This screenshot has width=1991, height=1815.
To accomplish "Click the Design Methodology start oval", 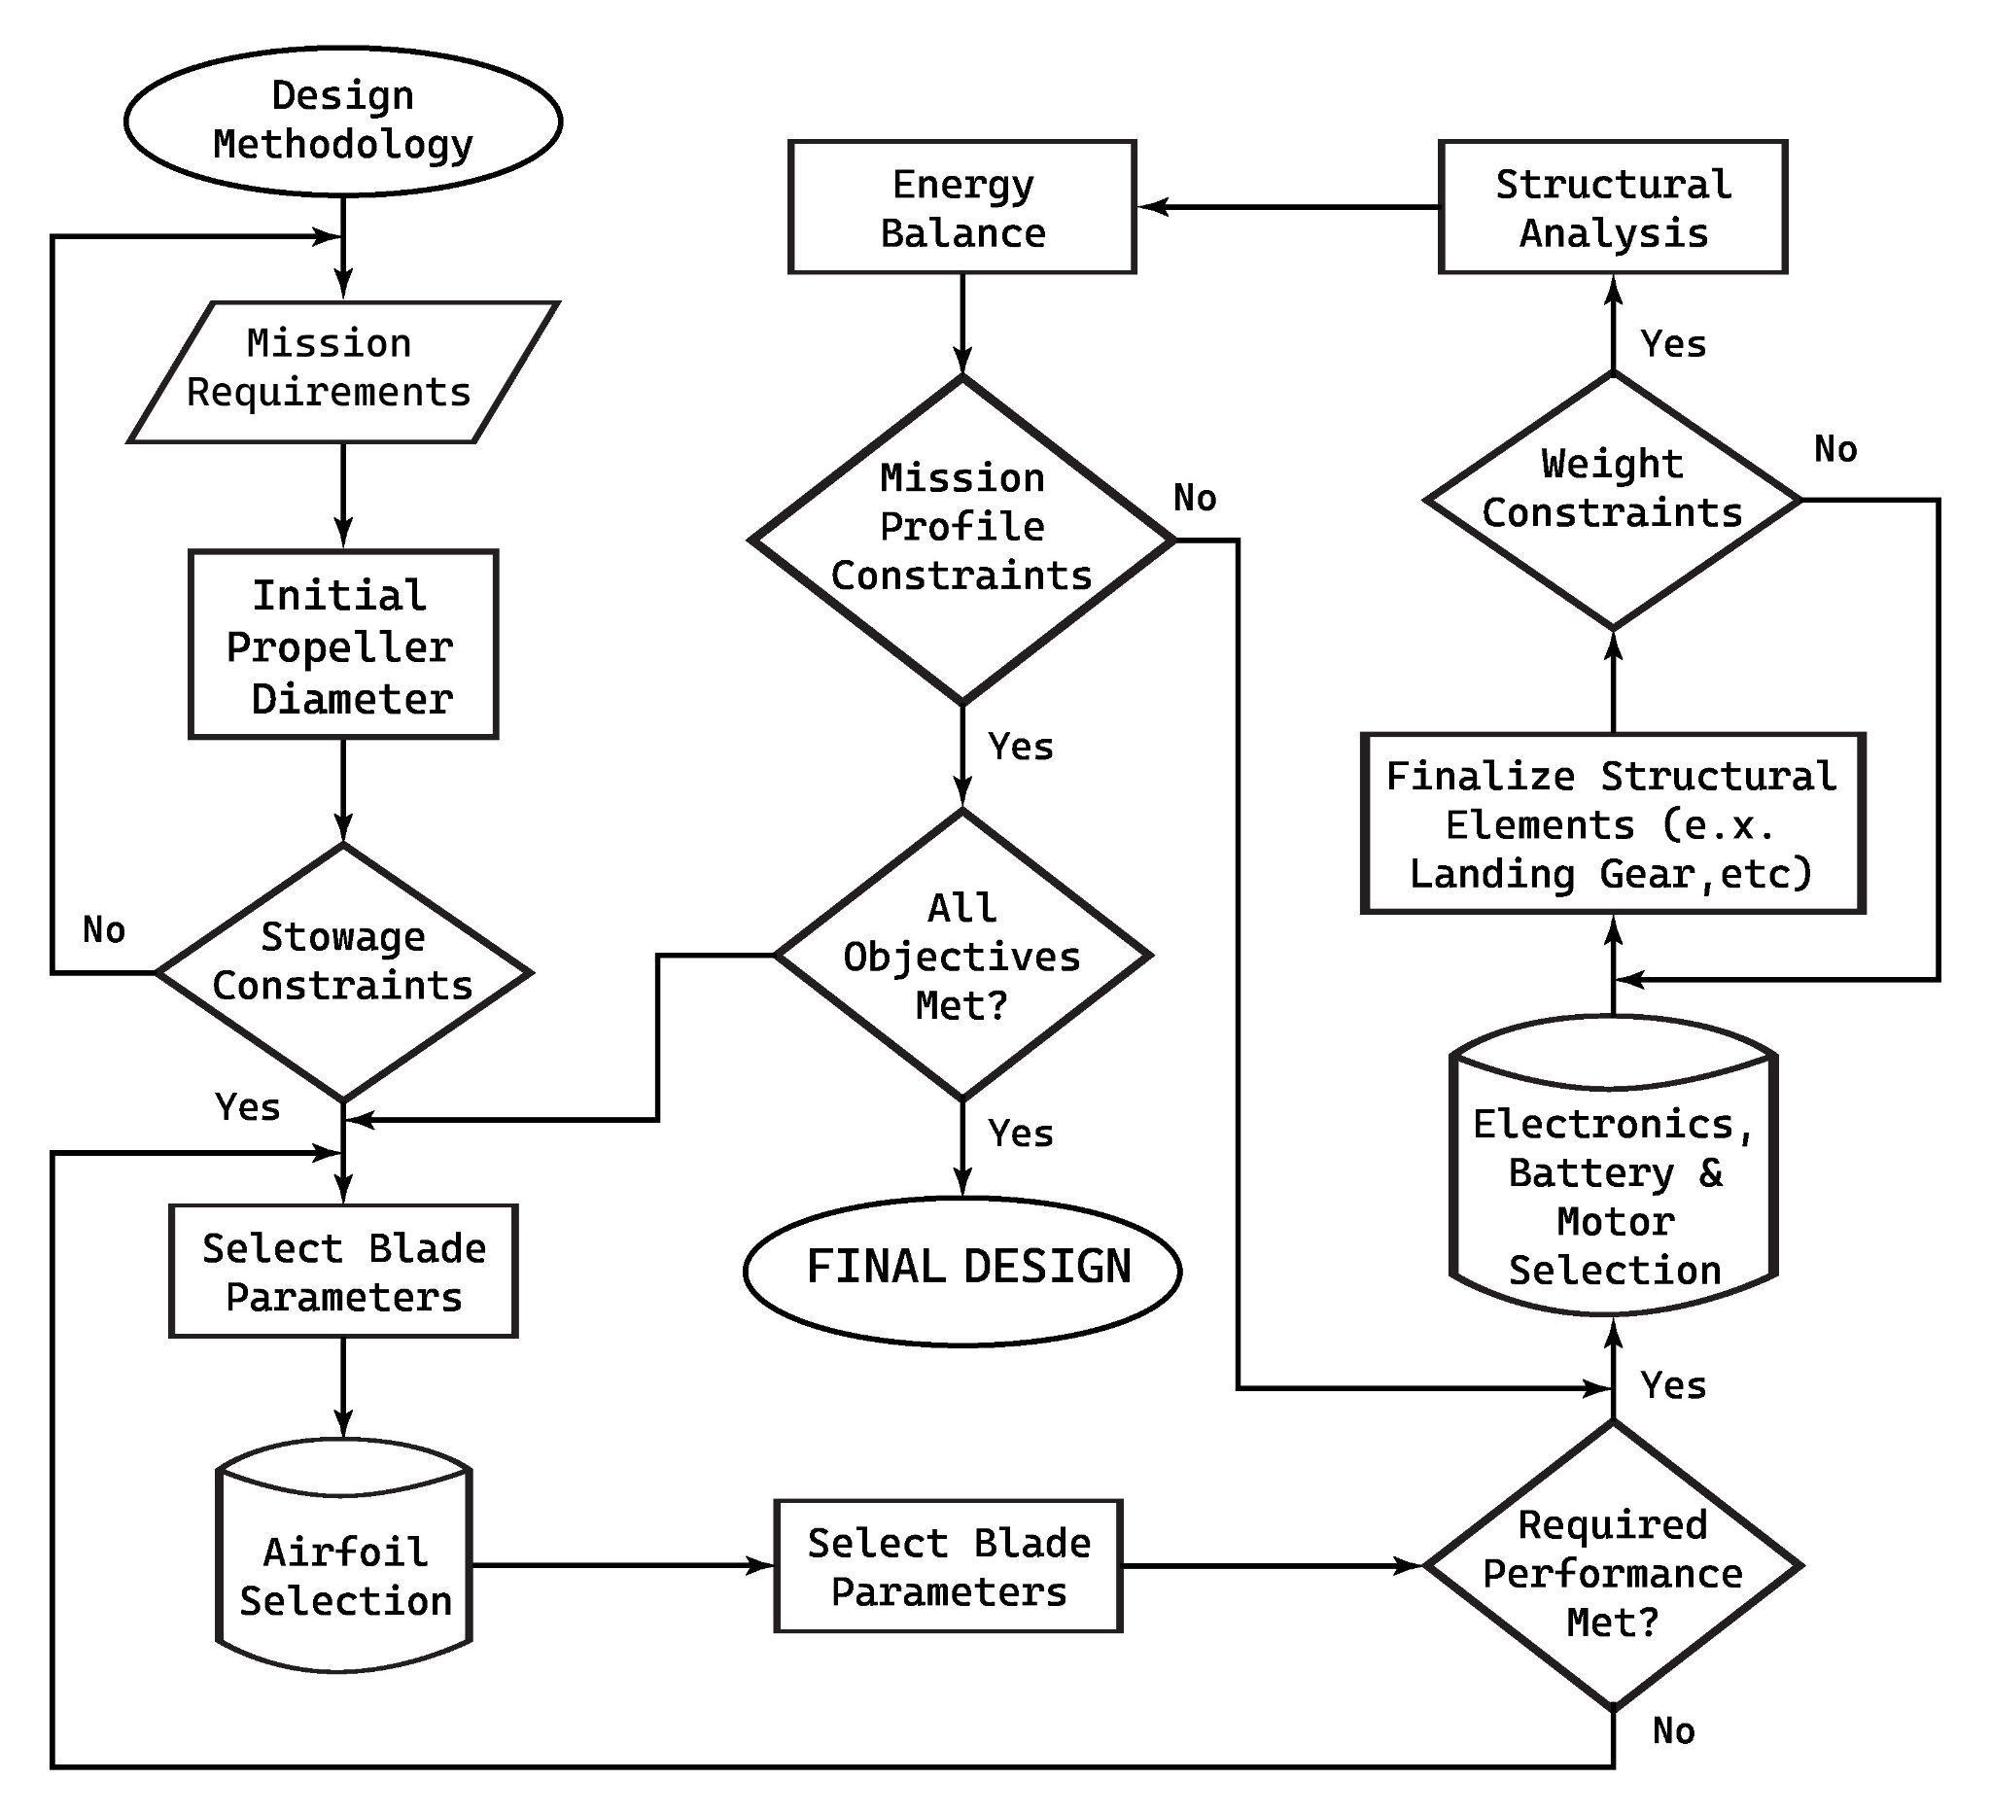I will coord(343,121).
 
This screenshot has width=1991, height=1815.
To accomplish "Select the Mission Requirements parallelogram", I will coord(343,370).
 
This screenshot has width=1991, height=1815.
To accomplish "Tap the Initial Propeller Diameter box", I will coord(343,645).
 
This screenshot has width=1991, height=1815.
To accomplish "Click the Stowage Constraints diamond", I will coord(343,972).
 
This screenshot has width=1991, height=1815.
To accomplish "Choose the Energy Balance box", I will coord(961,207).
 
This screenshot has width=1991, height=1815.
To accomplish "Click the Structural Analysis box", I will coord(1612,207).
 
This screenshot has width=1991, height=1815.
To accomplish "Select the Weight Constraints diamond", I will coord(1612,500).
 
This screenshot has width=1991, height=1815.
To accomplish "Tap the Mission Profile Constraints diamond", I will coord(961,540).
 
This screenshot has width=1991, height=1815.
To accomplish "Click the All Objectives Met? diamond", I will coord(961,955).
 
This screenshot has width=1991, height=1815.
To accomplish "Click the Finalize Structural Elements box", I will coord(1612,823).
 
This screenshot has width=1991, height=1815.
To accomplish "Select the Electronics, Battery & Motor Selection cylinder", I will coord(1613,1175).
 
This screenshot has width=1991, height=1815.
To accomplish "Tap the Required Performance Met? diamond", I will coord(1612,1566).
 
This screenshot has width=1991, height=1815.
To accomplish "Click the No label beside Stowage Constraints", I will coord(104,930).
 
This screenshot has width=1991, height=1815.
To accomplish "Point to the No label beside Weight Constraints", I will coord(1834,450).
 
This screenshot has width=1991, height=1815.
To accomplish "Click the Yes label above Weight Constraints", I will coord(1673,343).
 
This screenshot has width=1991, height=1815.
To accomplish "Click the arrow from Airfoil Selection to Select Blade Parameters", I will coord(622,1565).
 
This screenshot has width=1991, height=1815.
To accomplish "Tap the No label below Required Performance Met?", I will coord(1673,1731).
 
